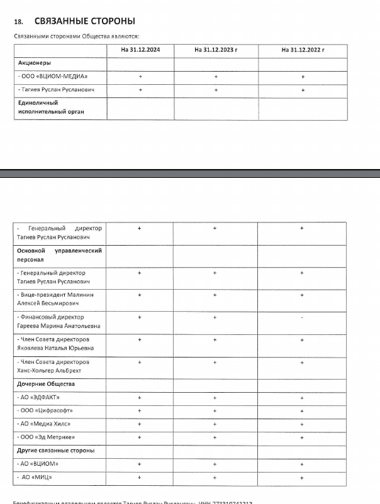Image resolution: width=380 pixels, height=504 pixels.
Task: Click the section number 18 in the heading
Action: pyautogui.click(x=18, y=22)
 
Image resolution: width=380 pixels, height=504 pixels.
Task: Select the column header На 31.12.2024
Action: pyautogui.click(x=140, y=49)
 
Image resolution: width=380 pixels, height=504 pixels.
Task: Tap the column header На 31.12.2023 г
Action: pyautogui.click(x=216, y=49)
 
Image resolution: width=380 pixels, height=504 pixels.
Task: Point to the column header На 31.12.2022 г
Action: pyautogui.click(x=303, y=49)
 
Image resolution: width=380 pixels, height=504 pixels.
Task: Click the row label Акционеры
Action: pyautogui.click(x=34, y=63)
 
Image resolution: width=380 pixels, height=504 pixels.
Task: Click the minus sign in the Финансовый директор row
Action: pyautogui.click(x=302, y=317)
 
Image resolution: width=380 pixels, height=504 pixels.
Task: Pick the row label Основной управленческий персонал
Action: pyautogui.click(x=59, y=255)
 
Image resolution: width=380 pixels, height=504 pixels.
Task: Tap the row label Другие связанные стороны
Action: pyautogui.click(x=55, y=451)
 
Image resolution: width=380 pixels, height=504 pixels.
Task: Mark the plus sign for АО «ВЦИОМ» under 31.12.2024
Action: pyautogui.click(x=140, y=464)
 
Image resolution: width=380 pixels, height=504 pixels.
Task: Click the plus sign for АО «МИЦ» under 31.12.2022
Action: pyautogui.click(x=302, y=478)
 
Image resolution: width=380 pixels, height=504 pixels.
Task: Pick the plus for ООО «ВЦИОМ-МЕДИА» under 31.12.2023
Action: pyautogui.click(x=216, y=77)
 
